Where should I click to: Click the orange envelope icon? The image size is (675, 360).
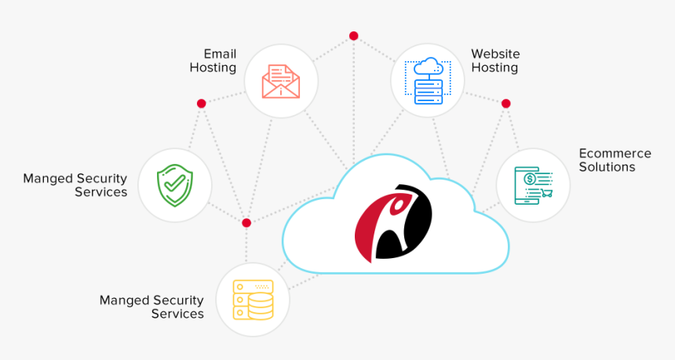click(281, 81)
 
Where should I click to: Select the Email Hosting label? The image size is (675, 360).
click(213, 60)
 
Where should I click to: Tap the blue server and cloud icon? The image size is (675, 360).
click(429, 81)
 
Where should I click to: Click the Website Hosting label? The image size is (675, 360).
click(495, 60)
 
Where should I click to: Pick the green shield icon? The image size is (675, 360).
click(174, 185)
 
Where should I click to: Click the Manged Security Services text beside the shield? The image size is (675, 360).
click(75, 185)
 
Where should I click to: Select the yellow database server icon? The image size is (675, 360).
click(253, 300)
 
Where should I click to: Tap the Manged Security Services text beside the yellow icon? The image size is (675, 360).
click(151, 307)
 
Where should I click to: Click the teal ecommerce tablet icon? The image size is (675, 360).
click(534, 185)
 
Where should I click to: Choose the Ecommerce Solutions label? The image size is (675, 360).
click(615, 160)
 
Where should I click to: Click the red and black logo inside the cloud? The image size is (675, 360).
click(393, 222)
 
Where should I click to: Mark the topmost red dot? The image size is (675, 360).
click(353, 35)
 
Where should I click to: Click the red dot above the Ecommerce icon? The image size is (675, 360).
click(505, 104)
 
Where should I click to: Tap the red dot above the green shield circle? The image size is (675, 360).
click(201, 104)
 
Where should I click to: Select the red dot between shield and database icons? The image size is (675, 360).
click(246, 223)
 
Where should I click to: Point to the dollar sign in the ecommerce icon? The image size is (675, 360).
click(531, 178)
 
